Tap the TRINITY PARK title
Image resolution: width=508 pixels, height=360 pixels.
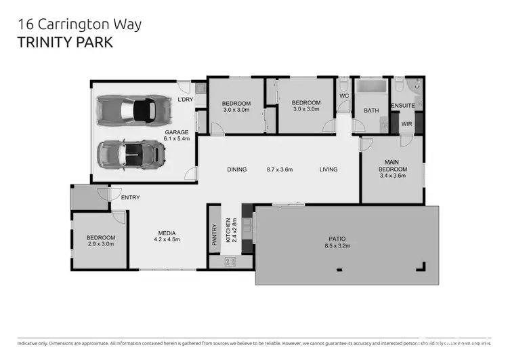tap(64, 42)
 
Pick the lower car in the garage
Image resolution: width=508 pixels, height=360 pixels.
tap(131, 154)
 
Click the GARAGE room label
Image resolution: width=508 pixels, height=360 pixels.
tap(176, 132)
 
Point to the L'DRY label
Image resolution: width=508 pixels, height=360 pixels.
tap(185, 100)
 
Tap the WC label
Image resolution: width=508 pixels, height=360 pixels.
tap(343, 96)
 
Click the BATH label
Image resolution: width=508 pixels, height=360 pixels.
tap(371, 110)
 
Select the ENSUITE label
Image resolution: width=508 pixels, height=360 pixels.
tap(402, 106)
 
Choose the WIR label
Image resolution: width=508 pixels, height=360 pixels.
tap(406, 124)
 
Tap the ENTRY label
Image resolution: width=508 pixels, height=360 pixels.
tap(130, 197)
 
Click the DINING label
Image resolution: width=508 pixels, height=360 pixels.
tap(237, 169)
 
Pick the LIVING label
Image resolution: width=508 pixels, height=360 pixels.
tap(329, 169)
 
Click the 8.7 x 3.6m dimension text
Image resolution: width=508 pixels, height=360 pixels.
tap(279, 169)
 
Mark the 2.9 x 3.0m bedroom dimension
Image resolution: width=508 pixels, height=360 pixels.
tap(101, 244)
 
